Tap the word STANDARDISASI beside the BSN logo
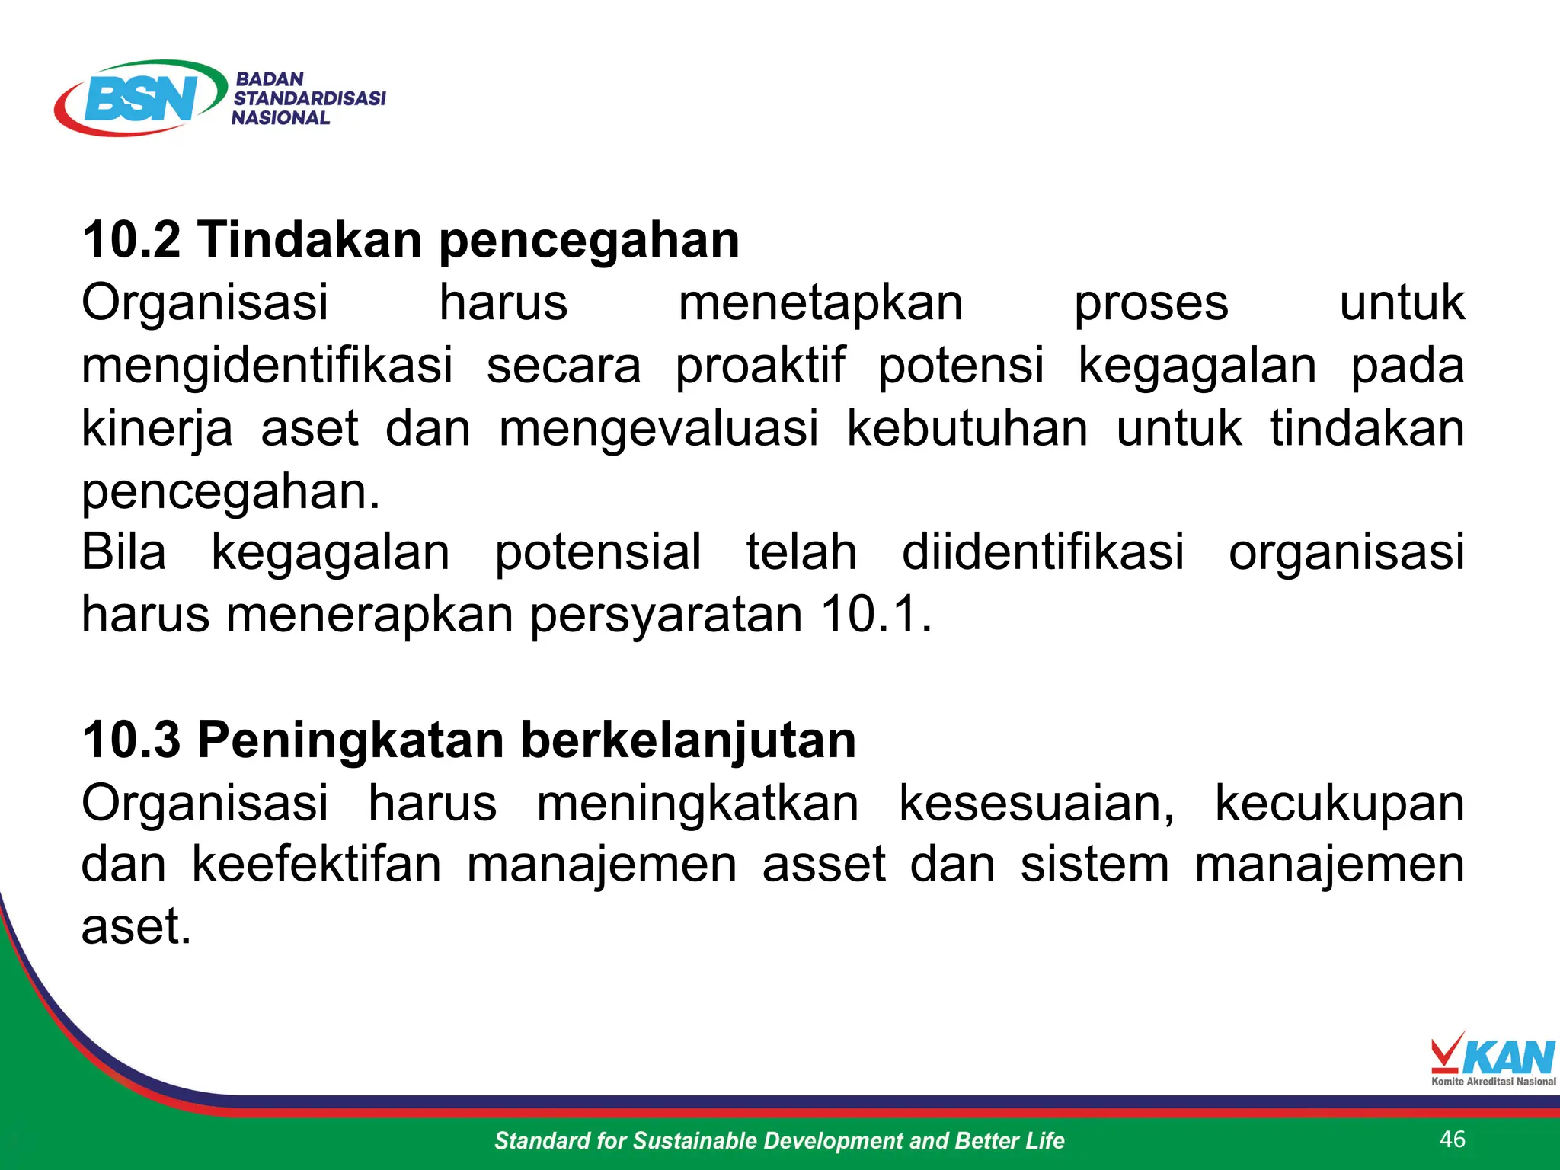pos(309,98)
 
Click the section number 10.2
pos(131,240)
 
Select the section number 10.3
pos(131,740)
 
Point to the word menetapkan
pos(820,303)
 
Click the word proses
pos(1151,303)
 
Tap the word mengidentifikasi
pos(267,366)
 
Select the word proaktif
pos(760,366)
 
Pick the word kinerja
pos(157,429)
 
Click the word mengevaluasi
pos(659,429)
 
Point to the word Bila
pos(123,552)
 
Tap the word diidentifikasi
pos(1043,552)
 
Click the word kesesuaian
pos(1037,804)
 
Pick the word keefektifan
pos(316,865)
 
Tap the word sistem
pos(1094,865)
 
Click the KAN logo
pos(1493,1059)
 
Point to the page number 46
pos(1453,1139)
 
